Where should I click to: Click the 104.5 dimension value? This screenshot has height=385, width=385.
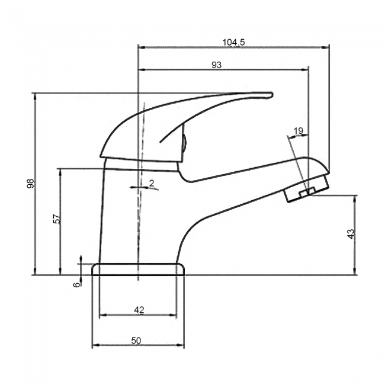click(x=233, y=42)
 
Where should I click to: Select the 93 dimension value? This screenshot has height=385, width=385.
click(x=216, y=65)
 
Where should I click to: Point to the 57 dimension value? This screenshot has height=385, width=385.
click(x=57, y=219)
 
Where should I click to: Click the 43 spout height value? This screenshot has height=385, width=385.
click(x=351, y=234)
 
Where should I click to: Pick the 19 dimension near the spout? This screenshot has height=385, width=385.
click(x=298, y=130)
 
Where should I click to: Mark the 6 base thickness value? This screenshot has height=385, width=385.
click(x=76, y=284)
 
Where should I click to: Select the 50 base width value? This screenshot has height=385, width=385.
click(x=136, y=340)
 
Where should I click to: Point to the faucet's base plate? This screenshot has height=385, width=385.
click(x=138, y=269)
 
